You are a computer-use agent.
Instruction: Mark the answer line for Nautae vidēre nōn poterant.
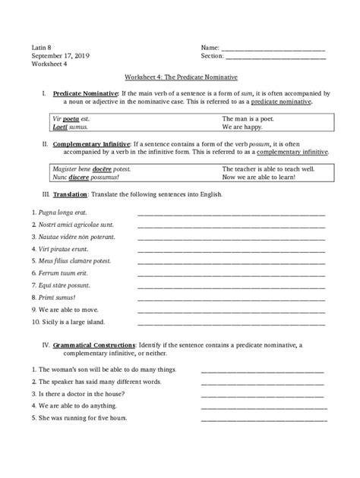pos(231,238)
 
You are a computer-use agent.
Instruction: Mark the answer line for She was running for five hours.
pos(264,420)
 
